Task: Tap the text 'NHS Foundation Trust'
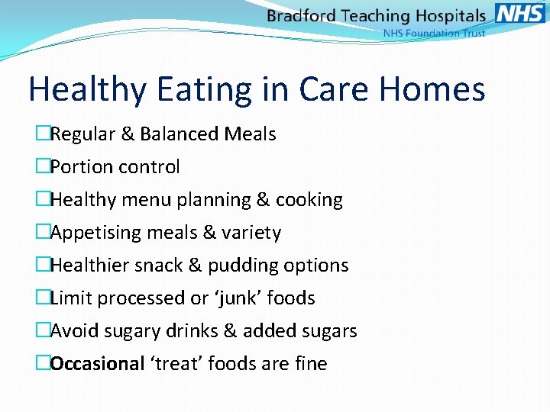coord(434,34)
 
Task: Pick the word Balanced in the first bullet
coord(182,134)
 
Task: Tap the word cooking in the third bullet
coord(309,200)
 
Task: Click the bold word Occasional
coord(97,364)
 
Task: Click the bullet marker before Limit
coord(43,298)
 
